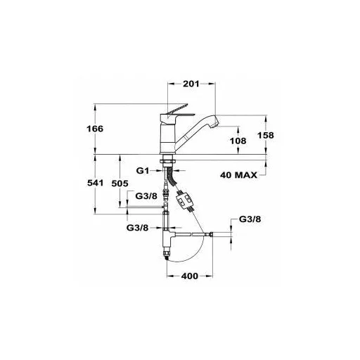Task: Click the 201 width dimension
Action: (191, 84)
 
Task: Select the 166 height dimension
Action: (95, 129)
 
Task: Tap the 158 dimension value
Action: (266, 135)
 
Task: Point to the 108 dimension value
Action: (238, 141)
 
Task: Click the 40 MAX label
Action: (238, 175)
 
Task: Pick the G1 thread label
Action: (143, 171)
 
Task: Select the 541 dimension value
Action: (96, 183)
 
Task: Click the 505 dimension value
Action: (120, 184)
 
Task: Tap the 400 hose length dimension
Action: (190, 276)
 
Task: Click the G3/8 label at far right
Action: (250, 219)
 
